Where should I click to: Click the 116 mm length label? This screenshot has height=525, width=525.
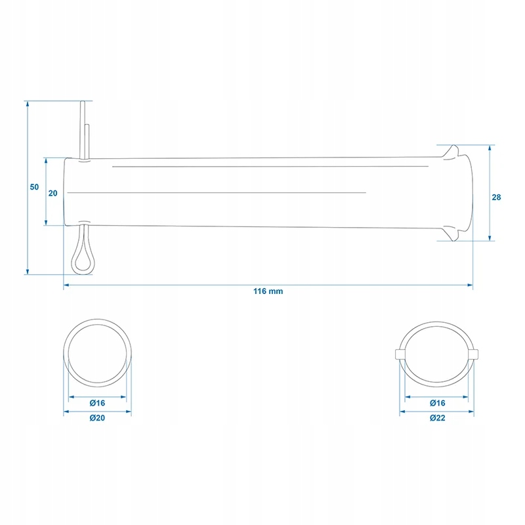tap(268, 291)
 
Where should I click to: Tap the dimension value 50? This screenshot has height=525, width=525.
tap(34, 187)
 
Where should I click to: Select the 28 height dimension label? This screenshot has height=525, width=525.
tap(496, 198)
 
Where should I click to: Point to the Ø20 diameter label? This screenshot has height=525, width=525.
tap(97, 418)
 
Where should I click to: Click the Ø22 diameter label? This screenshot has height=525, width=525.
tap(437, 418)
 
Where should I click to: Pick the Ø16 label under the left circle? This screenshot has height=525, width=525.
tap(97, 403)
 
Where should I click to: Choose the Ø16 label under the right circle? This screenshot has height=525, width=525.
tap(437, 403)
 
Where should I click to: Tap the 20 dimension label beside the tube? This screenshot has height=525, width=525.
tap(53, 193)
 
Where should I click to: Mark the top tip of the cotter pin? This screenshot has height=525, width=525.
tap(83, 102)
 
